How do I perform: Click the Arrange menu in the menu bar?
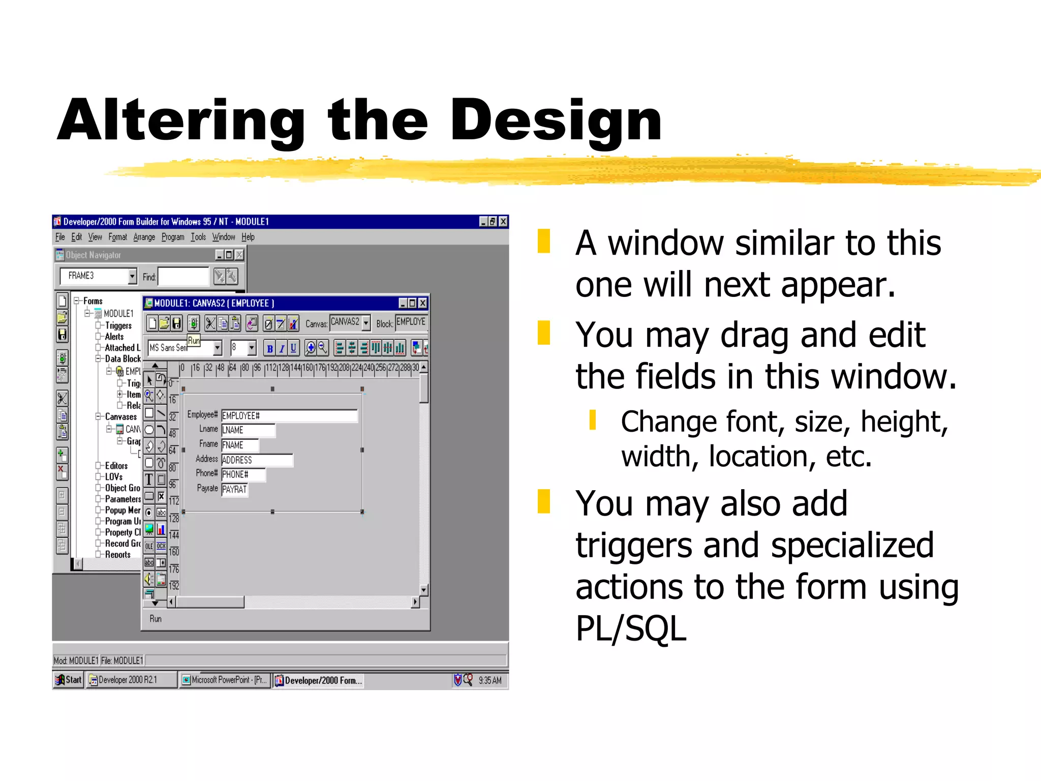pos(144,237)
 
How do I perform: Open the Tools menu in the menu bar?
pos(198,237)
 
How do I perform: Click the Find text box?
pos(183,277)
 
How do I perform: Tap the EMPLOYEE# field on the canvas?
pos(289,416)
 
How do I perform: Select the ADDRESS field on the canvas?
pos(257,460)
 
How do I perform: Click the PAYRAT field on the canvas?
pos(234,490)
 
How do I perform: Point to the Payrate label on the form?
pos(207,489)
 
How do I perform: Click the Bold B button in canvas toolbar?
pos(269,348)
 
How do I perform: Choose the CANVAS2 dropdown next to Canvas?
pos(350,322)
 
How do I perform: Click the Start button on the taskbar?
pos(69,680)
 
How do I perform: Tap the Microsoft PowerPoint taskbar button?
pos(225,680)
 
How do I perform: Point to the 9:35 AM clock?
pos(489,680)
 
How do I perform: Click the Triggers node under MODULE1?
pos(118,326)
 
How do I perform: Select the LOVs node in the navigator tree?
pos(113,477)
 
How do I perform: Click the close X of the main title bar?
pos(503,222)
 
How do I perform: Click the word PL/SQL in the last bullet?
pos(631,629)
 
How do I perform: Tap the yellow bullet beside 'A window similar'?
pos(544,242)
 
